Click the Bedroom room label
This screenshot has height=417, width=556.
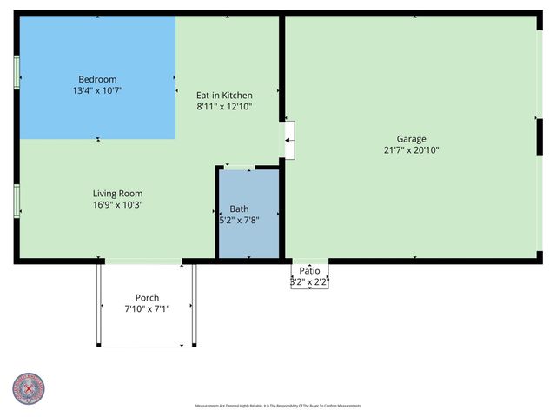(x=97, y=78)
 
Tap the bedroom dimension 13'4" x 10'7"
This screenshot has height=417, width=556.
(x=97, y=89)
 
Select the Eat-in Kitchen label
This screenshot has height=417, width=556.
(x=224, y=96)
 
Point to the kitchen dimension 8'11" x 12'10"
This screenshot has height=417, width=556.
(x=224, y=107)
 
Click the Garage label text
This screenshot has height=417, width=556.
(x=412, y=138)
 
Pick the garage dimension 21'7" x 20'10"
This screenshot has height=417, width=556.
(x=412, y=149)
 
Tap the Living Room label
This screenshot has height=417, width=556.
(x=118, y=194)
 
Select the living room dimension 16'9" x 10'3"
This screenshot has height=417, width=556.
(x=118, y=205)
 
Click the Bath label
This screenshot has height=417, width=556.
(x=239, y=209)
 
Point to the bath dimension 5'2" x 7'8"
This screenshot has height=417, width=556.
(x=239, y=221)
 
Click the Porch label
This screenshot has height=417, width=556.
(x=147, y=298)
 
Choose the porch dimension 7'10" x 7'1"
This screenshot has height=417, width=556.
(x=147, y=309)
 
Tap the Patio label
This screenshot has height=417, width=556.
(x=309, y=271)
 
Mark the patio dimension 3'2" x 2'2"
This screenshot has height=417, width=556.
(x=309, y=281)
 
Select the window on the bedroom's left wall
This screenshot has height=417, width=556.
(x=17, y=72)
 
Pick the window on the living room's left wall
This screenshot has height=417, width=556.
(x=17, y=201)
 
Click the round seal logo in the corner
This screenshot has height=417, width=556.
(x=29, y=388)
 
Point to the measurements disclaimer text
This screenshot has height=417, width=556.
(x=277, y=406)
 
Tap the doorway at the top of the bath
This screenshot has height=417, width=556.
(x=240, y=166)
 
